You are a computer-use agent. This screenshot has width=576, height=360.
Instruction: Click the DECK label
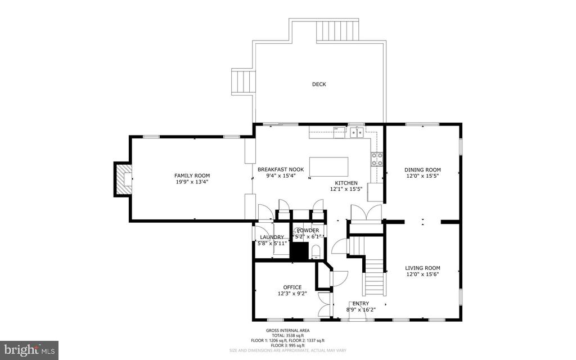click(x=319, y=84)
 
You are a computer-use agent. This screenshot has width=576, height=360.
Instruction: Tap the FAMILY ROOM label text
click(x=192, y=175)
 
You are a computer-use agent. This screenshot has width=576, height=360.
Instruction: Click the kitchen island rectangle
click(x=328, y=166)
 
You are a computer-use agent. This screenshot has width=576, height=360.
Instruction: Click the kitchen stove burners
click(x=376, y=160)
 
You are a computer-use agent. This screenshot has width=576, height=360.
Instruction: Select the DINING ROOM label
click(x=422, y=170)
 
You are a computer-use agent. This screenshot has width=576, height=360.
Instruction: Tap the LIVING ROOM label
click(x=422, y=268)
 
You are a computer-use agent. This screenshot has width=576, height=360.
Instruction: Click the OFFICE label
click(x=292, y=287)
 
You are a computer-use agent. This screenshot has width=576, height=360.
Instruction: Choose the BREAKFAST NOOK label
click(x=281, y=169)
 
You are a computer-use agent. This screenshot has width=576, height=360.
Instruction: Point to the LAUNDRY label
click(x=272, y=237)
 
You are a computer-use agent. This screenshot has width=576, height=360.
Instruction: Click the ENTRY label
click(x=361, y=303)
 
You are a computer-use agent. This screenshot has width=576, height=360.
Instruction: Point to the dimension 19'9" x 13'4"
click(x=192, y=182)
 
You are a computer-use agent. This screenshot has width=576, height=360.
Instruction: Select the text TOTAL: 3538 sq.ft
click(x=288, y=335)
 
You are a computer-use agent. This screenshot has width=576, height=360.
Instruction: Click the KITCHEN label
click(x=346, y=183)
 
